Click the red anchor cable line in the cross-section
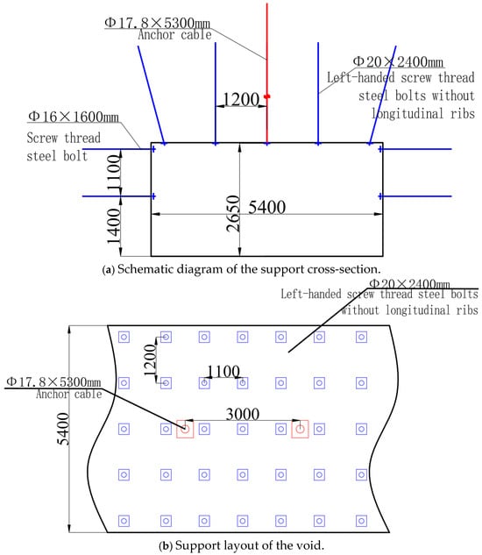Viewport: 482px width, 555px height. coord(266,74)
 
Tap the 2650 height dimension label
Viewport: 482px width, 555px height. coord(233,213)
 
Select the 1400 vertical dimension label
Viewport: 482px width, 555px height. coord(114,226)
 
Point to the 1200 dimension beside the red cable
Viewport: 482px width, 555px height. coord(241,99)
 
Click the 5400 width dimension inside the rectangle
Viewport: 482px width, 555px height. coord(266,207)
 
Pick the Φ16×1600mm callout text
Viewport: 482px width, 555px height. coord(74,117)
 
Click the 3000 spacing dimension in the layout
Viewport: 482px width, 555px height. coord(243,414)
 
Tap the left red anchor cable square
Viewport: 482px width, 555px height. coord(185,429)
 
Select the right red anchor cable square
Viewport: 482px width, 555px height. coord(300,429)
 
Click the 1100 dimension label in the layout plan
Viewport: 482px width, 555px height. coord(223,371)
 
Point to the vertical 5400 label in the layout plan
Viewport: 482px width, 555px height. coord(64,429)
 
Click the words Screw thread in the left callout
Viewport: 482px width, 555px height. coord(64,138)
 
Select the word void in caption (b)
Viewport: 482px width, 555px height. coord(313,544)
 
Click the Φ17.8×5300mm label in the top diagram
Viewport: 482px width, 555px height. coord(157,23)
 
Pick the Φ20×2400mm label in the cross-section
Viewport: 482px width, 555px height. coord(398,62)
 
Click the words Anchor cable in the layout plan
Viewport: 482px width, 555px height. coord(69,395)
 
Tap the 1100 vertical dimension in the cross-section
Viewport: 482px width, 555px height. coord(114,173)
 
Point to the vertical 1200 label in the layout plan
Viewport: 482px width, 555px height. coord(151,360)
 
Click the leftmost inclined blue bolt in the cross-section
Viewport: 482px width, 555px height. coord(151,95)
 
